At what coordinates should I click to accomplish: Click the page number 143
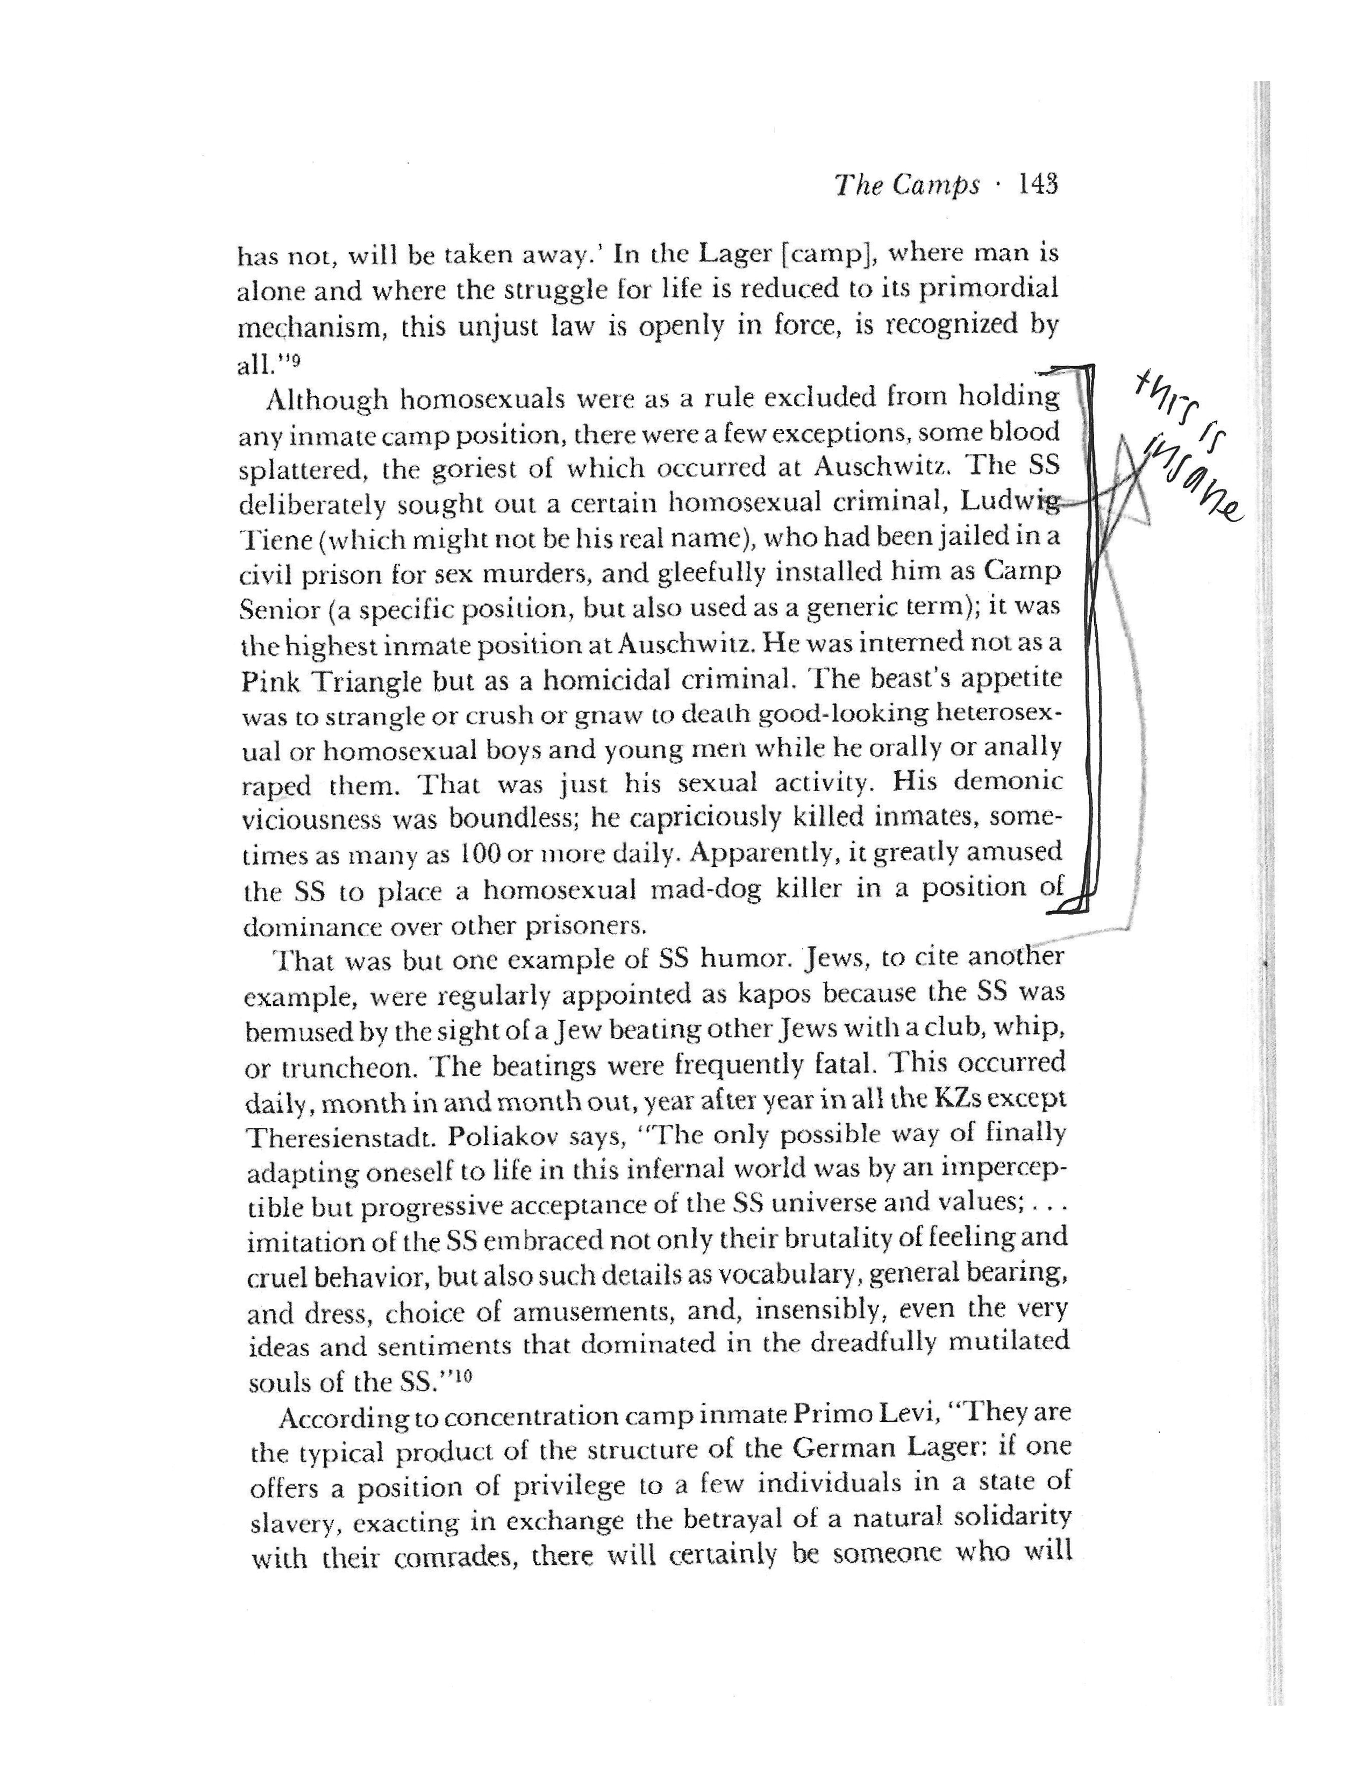click(x=1037, y=186)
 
